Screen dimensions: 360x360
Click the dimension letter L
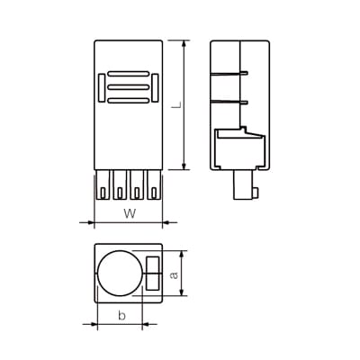pos(177,104)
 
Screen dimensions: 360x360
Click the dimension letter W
pos(129,213)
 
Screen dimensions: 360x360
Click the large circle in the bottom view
pos(120,273)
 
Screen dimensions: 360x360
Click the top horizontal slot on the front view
pos(128,74)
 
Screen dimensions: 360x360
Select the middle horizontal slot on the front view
pos(128,86)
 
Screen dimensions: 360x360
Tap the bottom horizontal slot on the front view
pos(128,99)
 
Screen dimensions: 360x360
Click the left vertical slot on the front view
pos(100,88)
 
